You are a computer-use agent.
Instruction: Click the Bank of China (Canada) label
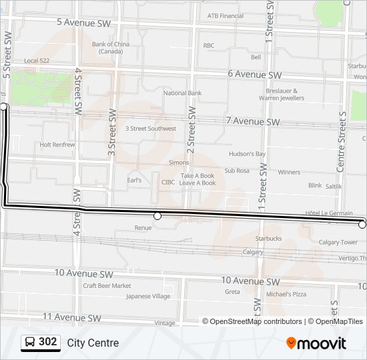click(x=111, y=47)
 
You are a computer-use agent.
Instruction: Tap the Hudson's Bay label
click(x=247, y=154)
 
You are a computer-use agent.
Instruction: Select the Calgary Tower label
click(x=338, y=243)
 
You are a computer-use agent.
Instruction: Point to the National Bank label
click(x=182, y=93)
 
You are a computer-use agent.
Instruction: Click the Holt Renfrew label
click(x=57, y=144)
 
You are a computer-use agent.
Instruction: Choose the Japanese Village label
click(x=148, y=297)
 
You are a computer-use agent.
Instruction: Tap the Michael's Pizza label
click(x=286, y=294)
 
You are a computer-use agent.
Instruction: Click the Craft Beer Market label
click(x=107, y=285)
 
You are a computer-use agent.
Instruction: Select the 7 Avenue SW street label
click(x=253, y=122)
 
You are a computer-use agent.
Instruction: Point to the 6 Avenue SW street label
click(x=255, y=75)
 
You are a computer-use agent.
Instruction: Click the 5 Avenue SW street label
click(x=84, y=22)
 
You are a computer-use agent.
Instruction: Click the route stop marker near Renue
click(x=157, y=216)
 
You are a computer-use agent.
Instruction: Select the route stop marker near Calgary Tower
click(x=362, y=225)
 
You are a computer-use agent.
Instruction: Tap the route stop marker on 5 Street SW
click(x=4, y=107)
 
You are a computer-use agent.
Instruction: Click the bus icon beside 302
click(x=30, y=343)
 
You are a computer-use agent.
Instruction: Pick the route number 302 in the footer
click(x=48, y=343)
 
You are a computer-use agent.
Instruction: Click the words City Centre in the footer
click(x=93, y=343)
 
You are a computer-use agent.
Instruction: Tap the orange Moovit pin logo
click(x=291, y=343)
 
